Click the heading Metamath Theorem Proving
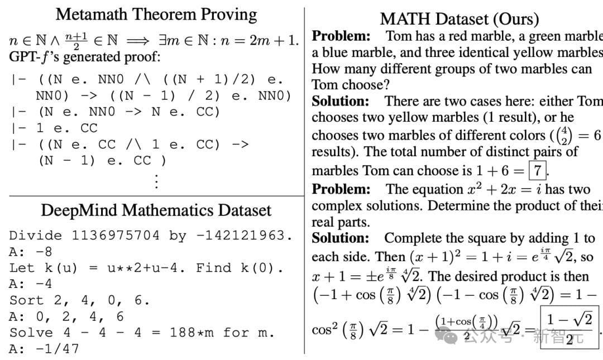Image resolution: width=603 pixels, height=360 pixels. click(156, 14)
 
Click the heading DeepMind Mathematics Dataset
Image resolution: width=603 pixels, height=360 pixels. click(156, 210)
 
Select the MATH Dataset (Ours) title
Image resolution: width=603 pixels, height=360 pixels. click(459, 19)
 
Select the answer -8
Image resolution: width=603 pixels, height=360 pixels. click(44, 251)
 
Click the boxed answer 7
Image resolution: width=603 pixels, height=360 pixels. click(538, 170)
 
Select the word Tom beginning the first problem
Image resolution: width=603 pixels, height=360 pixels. click(399, 36)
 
